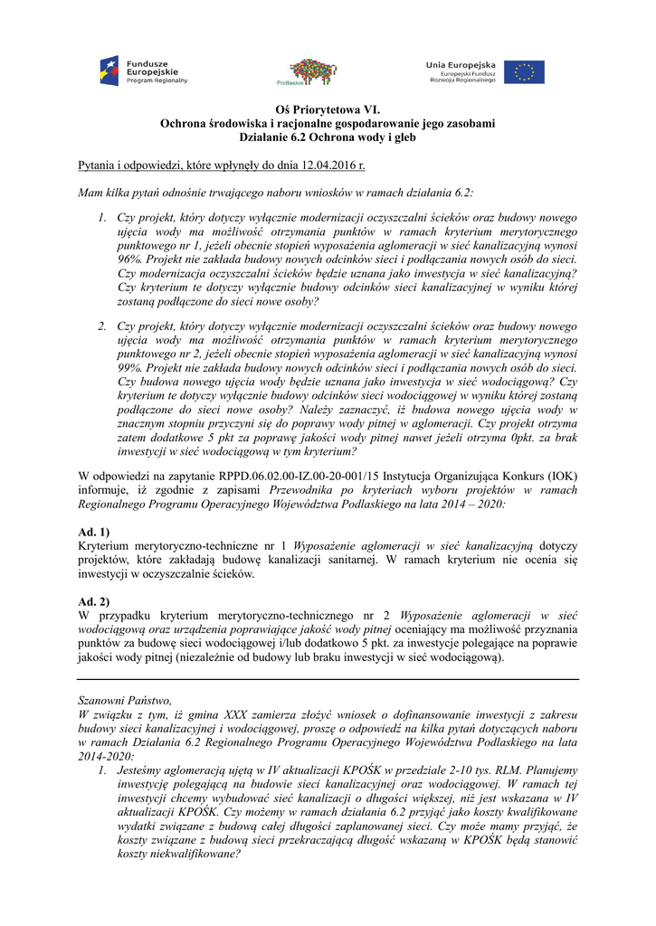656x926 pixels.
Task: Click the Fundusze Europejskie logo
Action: click(x=144, y=71)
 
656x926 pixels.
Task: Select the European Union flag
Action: click(x=524, y=71)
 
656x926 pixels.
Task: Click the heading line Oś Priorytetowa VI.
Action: click(x=328, y=108)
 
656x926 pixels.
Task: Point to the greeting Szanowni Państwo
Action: click(x=125, y=699)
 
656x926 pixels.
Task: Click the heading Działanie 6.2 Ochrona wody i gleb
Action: click(x=328, y=137)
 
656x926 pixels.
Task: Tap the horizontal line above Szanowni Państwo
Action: click(x=328, y=679)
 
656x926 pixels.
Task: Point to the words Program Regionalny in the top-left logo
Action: click(x=157, y=80)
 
